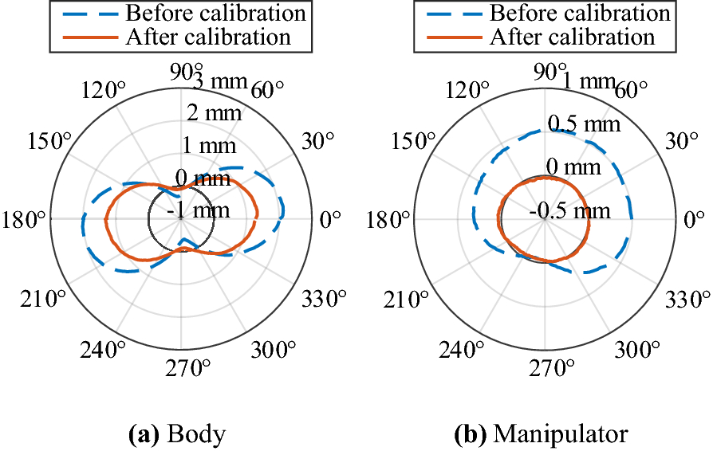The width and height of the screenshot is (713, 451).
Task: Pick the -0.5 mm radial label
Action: click(569, 210)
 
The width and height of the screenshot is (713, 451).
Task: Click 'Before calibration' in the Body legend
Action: click(216, 14)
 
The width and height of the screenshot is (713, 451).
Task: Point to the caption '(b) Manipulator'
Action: click(540, 434)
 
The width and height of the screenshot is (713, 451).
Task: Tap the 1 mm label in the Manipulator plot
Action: click(589, 80)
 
